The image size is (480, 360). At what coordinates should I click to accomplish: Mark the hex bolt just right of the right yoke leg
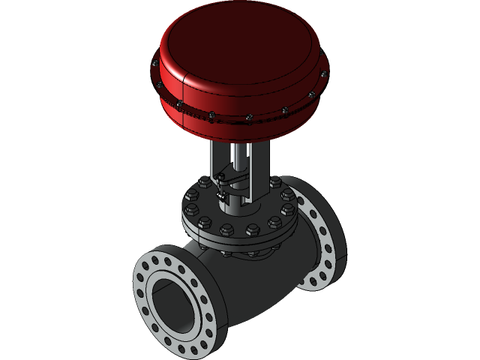tap(275, 182)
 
